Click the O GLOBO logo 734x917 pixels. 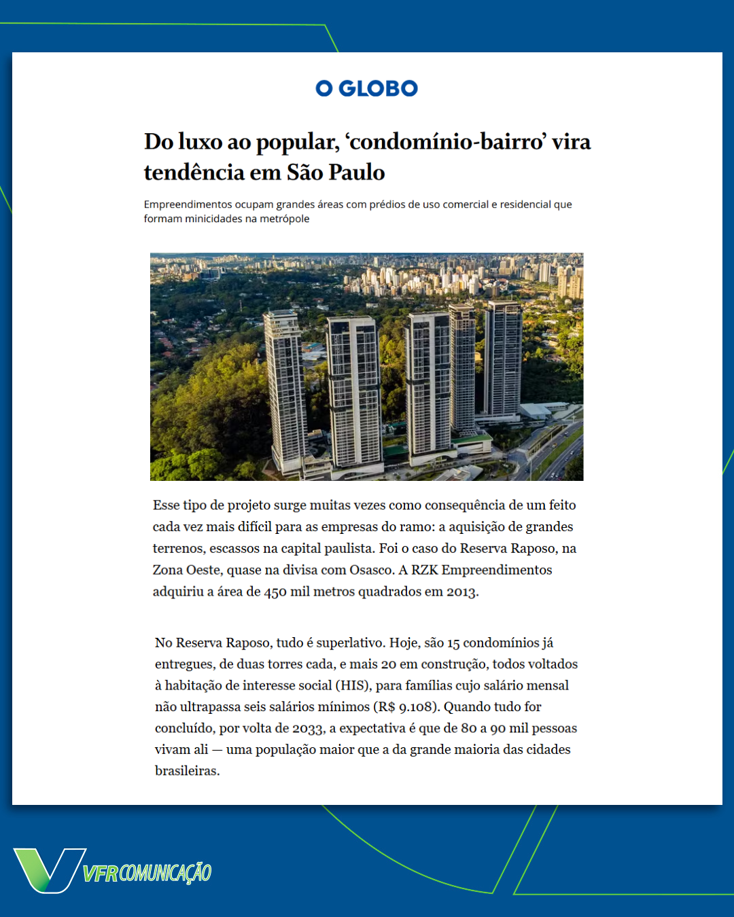(366, 88)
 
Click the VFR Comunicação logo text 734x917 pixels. (147, 873)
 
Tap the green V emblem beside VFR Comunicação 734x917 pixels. (48, 869)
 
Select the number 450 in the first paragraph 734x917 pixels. (275, 592)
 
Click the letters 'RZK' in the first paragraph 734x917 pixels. (424, 570)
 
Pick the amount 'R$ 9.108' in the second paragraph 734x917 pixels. (404, 707)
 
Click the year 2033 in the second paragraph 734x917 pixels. (307, 729)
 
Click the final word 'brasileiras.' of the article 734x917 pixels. (188, 771)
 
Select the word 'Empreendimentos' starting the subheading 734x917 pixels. (187, 204)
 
